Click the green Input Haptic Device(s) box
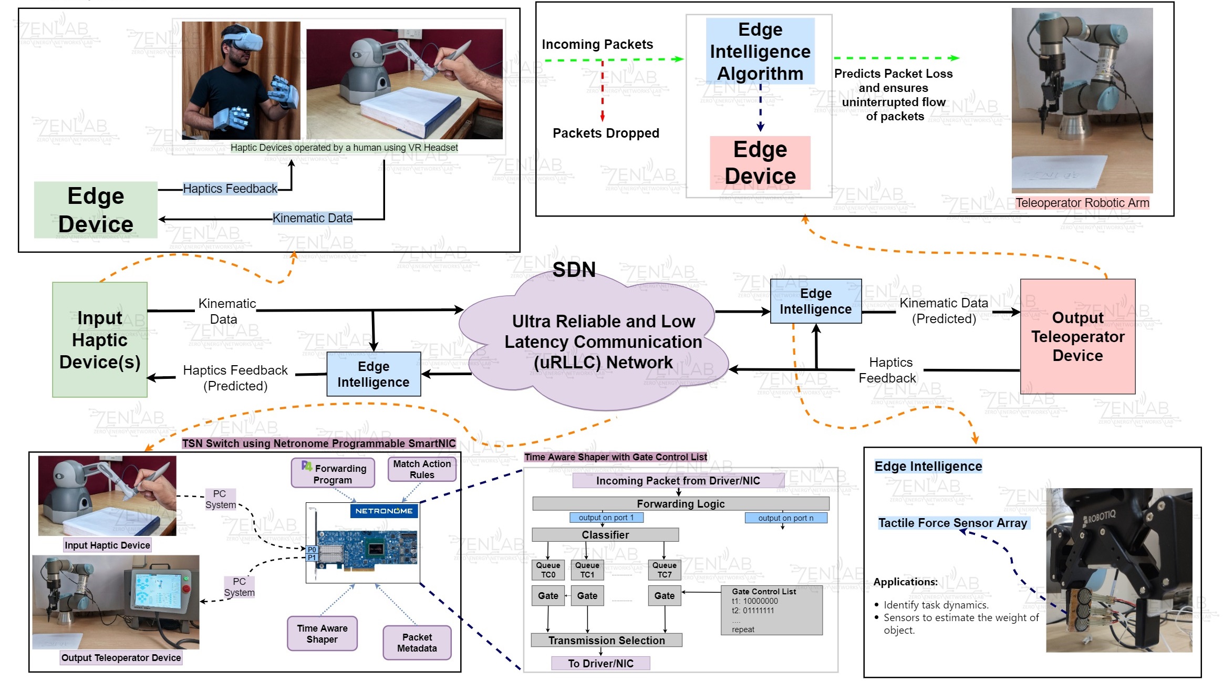[x=100, y=339]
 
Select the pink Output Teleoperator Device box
[x=1077, y=336]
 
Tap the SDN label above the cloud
[x=574, y=270]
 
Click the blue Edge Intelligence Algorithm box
[x=760, y=51]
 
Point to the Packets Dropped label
[x=606, y=133]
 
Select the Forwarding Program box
[x=333, y=473]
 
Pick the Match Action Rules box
[x=422, y=469]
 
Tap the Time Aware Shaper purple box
[x=322, y=634]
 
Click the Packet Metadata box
[x=417, y=643]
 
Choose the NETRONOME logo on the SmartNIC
[x=384, y=511]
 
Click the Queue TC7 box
[x=664, y=570]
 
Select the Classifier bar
[x=605, y=535]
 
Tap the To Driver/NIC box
[x=600, y=663]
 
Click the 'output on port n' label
[x=785, y=518]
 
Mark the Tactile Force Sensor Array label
[x=952, y=523]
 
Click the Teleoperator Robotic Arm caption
[x=1082, y=203]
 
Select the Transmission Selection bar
[x=606, y=641]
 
